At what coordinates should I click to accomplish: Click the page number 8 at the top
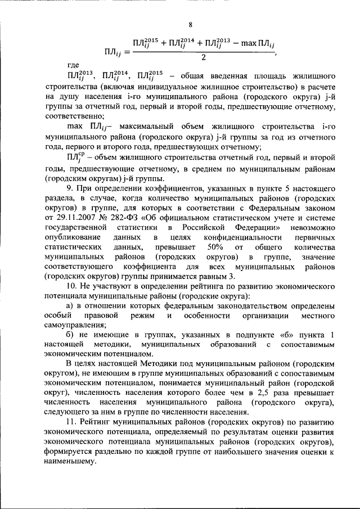pos(190,24)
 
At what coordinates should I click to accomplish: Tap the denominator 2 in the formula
pos(203,58)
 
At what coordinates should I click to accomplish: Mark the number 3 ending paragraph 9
pos(231,276)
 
